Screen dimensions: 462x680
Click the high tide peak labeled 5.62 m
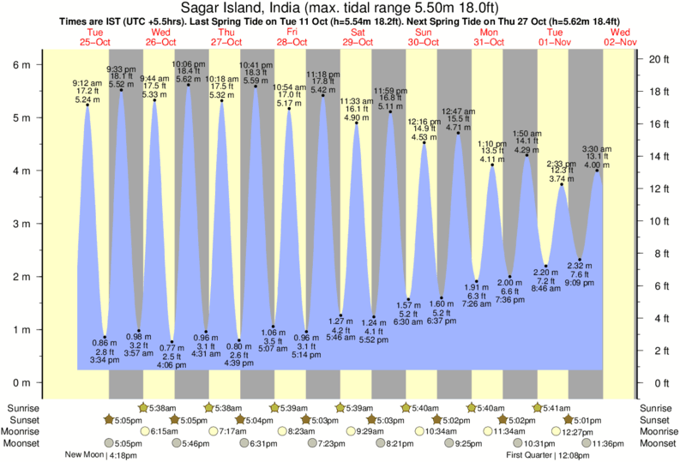pos(188,84)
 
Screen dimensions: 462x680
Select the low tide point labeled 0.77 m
pos(172,341)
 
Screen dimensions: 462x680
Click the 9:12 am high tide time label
pos(87,82)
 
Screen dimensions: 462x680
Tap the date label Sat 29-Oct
pos(357,37)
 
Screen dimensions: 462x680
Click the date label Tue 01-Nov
pos(556,37)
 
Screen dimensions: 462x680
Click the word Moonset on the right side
pos(658,443)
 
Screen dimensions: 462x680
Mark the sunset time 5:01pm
pos(587,419)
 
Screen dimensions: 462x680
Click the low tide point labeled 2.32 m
pos(580,259)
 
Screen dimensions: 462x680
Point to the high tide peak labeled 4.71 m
pos(458,133)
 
